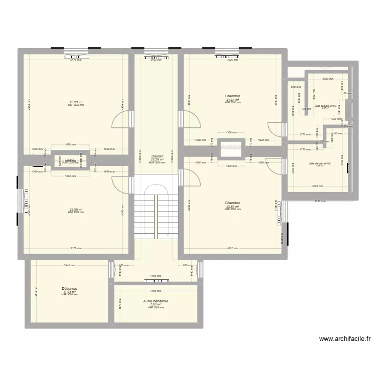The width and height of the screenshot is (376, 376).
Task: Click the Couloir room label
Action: (156, 156)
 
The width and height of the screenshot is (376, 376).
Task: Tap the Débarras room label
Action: (69, 289)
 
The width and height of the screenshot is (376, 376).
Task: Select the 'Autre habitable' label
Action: (155, 301)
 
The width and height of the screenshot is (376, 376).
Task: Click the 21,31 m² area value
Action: (233, 99)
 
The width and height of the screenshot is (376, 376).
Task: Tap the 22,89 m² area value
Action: (233, 207)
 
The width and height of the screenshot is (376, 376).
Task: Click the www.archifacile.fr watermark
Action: (345, 339)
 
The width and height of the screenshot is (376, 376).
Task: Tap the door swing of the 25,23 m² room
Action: (121, 119)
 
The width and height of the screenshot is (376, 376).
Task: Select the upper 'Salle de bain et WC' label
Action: (325, 106)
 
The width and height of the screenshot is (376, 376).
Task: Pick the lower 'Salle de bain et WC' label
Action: (320, 163)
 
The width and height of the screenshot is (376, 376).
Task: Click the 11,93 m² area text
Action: (69, 292)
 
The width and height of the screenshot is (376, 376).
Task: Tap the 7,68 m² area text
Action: (155, 304)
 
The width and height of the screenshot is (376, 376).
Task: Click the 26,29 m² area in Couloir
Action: (156, 159)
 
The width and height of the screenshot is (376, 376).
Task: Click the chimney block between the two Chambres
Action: (231, 148)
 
